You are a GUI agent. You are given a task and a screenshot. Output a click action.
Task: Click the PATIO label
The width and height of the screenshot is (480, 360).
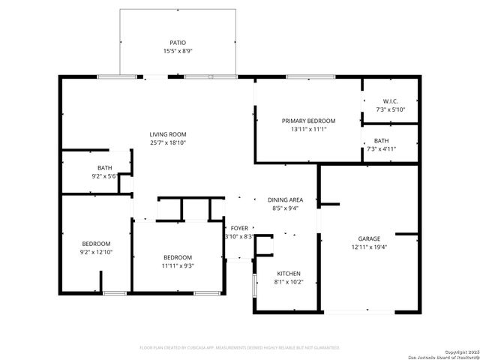coord(178,43)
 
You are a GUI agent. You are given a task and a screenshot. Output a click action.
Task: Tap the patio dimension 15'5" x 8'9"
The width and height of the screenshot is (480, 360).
coord(178,51)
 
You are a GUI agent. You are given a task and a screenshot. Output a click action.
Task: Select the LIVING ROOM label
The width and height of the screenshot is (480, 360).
coord(167,133)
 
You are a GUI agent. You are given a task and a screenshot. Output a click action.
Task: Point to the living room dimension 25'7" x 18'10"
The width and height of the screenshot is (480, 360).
coord(167,142)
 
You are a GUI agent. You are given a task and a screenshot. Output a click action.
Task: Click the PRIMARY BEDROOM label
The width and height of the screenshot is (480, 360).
coord(308,121)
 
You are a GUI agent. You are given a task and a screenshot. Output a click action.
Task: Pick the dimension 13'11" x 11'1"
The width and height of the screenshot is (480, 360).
coord(308,129)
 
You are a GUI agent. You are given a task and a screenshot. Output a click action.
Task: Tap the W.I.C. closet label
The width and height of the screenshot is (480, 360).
coord(390,101)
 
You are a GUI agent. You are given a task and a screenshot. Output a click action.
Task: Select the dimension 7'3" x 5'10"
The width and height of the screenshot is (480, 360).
coord(390,109)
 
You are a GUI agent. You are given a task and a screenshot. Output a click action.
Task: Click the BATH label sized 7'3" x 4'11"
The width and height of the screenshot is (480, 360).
coord(382,140)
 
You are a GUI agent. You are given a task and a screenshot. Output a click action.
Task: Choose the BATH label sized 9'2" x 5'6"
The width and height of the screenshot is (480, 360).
coord(104,167)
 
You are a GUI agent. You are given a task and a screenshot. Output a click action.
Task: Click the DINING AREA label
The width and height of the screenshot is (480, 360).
coord(286,199)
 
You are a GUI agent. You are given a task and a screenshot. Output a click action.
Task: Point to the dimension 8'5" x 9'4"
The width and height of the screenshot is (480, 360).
coord(286,208)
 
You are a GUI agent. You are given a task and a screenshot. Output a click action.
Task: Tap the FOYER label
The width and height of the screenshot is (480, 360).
coord(239,228)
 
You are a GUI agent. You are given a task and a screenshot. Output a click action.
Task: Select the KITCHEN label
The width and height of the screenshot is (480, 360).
coord(289,274)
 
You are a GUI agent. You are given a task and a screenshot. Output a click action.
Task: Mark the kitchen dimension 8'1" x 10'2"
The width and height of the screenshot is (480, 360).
coord(289,282)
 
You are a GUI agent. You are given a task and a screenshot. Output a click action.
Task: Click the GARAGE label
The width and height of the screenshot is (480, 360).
coord(368,238)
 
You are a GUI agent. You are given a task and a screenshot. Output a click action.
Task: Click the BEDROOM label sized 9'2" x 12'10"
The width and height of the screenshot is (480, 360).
coord(97,244)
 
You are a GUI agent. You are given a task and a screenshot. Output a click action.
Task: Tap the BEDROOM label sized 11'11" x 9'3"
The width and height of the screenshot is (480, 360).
coord(178,256)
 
